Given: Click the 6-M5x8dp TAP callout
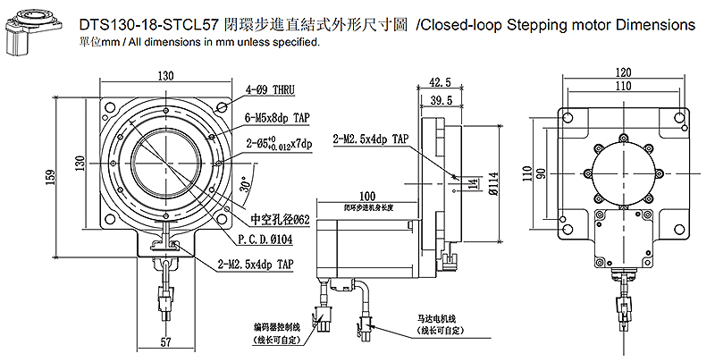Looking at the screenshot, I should tap(278, 116).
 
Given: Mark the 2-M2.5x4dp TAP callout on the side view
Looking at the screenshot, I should tap(370, 139).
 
